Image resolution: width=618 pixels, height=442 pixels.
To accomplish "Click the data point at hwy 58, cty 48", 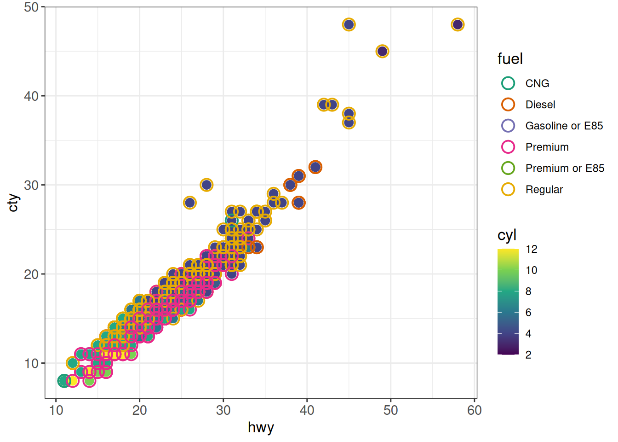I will tap(458, 24).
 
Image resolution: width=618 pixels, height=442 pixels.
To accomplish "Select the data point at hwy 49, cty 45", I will tap(382, 51).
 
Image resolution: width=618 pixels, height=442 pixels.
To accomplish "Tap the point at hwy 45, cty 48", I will tap(349, 24).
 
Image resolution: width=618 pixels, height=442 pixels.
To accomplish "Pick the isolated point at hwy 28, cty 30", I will tap(206, 185).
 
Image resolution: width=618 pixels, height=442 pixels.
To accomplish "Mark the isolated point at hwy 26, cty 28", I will tap(190, 203).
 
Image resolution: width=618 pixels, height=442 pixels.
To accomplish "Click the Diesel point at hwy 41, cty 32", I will tap(315, 167).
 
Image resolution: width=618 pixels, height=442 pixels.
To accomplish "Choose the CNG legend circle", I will tap(508, 83).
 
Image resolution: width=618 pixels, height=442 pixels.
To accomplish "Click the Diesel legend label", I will tap(540, 105).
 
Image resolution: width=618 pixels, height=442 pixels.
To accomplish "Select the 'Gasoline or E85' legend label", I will tap(564, 126).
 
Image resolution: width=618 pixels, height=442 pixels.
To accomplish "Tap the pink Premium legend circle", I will tap(508, 147).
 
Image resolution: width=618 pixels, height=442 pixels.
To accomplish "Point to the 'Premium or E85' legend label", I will tap(565, 168).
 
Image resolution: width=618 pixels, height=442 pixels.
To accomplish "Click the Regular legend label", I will tap(544, 189).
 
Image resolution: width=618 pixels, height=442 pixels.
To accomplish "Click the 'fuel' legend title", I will tap(510, 59).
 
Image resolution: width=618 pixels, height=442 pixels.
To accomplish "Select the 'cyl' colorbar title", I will tap(507, 235).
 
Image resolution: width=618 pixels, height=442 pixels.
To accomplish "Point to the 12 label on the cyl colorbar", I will tap(532, 249).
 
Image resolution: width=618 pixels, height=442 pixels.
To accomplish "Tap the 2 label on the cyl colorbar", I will tap(528, 355).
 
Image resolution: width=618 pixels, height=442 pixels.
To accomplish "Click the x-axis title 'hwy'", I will tap(261, 427).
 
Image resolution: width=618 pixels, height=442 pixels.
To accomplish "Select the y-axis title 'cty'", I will tap(13, 203).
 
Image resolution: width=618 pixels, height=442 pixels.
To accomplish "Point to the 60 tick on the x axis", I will tap(474, 410).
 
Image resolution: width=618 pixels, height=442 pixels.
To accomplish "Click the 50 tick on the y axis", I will tap(31, 7).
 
